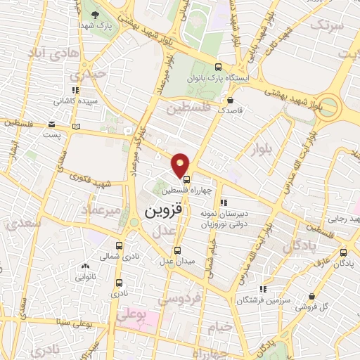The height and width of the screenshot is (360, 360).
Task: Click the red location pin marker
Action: (181, 165)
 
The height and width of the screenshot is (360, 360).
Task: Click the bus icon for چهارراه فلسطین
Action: (186, 179)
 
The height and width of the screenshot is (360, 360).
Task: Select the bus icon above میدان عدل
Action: (176, 251)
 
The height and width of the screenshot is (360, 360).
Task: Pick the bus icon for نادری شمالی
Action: (119, 246)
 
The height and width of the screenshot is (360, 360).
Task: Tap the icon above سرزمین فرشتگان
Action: (263, 289)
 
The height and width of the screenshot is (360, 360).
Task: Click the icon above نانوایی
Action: (84, 266)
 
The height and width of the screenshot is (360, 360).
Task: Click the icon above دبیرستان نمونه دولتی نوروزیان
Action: (224, 203)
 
